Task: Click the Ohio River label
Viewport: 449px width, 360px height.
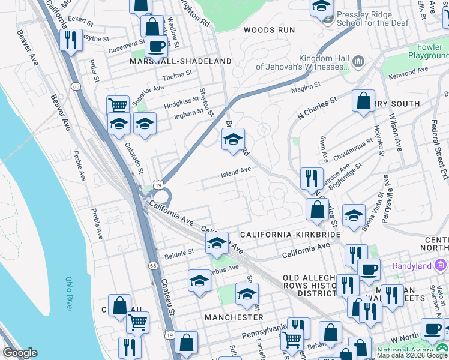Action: [x=68, y=293]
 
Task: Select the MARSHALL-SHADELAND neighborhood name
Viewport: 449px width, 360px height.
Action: [x=181, y=61]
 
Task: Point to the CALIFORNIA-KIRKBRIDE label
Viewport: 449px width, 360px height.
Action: [x=290, y=234]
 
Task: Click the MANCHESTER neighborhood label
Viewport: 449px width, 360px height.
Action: [x=234, y=317]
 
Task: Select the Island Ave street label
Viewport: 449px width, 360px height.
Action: [x=236, y=171]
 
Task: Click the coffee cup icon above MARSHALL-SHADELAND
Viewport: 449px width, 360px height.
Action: [x=156, y=46]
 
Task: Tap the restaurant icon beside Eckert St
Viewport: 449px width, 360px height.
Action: [x=71, y=40]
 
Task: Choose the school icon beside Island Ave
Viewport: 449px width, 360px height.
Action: [x=233, y=140]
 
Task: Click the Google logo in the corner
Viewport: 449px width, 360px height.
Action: [x=20, y=353]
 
